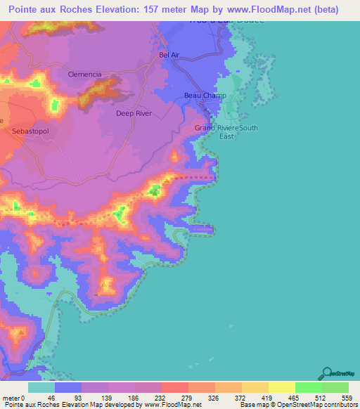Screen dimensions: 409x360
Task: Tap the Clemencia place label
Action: click(85, 74)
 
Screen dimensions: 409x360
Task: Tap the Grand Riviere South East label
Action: click(227, 132)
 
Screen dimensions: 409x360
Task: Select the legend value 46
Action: click(51, 398)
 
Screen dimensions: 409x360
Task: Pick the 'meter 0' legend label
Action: click(14, 398)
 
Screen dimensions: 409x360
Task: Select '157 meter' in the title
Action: click(150, 10)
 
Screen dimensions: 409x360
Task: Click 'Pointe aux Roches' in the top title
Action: click(49, 10)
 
